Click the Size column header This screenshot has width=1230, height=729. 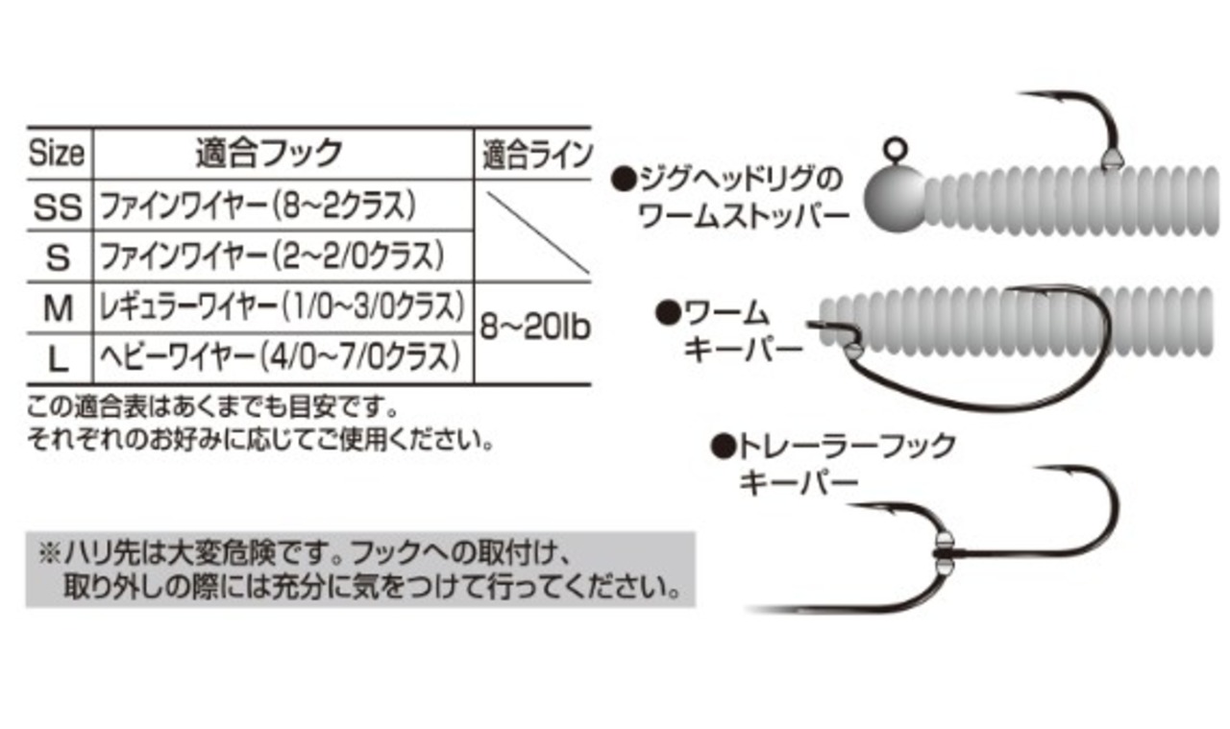tap(57, 153)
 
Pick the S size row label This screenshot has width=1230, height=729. tap(59, 255)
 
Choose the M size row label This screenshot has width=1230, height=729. tap(59, 307)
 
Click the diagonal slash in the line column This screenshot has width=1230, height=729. tap(535, 231)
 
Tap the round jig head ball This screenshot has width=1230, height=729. tap(894, 197)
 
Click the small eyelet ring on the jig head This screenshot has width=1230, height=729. tap(894, 150)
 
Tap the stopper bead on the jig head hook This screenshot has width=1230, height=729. tap(1111, 158)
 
